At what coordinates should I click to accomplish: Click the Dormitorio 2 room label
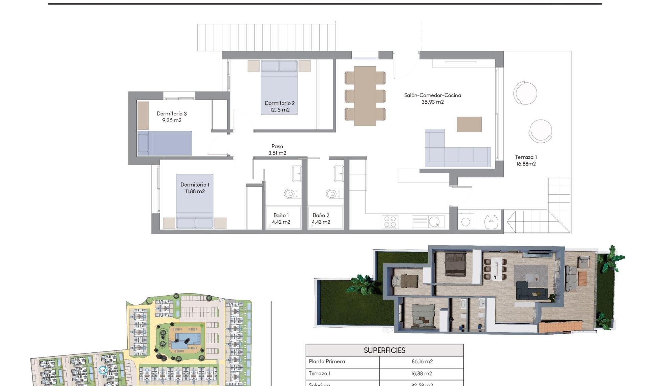(x=280, y=106)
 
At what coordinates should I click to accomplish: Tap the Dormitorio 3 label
(x=172, y=117)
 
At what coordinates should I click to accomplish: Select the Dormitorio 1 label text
(x=195, y=188)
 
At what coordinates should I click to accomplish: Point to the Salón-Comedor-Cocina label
(x=433, y=99)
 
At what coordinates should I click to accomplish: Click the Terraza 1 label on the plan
(x=526, y=160)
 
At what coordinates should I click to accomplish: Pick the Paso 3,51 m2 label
(x=277, y=150)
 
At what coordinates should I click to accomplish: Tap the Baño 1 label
(x=281, y=219)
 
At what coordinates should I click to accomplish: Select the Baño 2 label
(x=321, y=219)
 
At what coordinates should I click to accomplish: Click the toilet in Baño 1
(x=290, y=194)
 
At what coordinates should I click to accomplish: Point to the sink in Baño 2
(x=339, y=174)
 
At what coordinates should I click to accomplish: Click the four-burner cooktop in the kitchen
(x=390, y=222)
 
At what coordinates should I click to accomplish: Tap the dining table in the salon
(x=365, y=96)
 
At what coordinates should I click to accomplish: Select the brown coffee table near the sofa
(x=469, y=124)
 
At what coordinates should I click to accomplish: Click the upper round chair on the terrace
(x=525, y=93)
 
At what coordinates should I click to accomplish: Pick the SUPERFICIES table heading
(x=384, y=350)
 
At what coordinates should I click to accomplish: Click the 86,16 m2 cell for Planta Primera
(x=422, y=362)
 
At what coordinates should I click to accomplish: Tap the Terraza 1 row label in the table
(x=320, y=373)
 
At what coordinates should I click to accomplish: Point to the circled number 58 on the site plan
(x=103, y=370)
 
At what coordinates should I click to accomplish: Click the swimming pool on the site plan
(x=185, y=339)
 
